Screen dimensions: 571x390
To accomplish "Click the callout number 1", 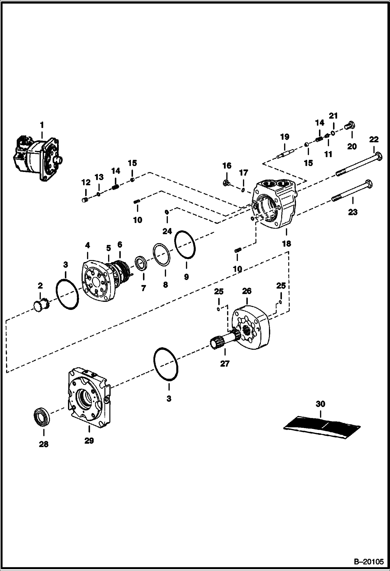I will tap(42, 125).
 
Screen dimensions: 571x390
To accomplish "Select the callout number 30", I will tap(320, 404).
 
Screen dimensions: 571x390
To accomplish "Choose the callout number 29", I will tap(89, 441).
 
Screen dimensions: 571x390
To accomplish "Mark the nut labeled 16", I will tap(227, 183).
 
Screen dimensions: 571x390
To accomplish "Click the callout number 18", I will tap(286, 244).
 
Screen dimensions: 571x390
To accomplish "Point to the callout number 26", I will tap(247, 291).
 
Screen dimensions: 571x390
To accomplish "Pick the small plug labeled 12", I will tap(85, 200).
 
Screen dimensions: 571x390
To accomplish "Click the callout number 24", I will tap(167, 231).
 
